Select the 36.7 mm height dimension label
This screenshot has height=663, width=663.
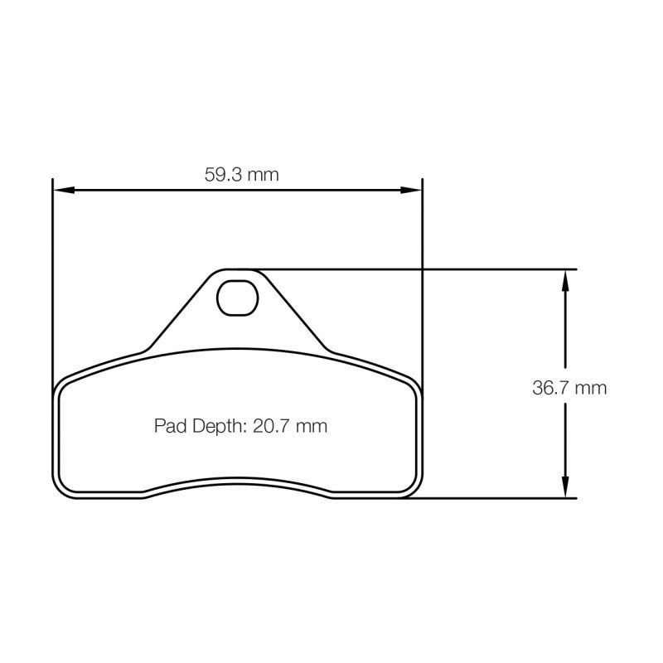coord(569,387)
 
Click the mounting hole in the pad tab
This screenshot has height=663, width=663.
coord(235,298)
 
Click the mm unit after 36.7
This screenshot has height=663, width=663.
coord(592,387)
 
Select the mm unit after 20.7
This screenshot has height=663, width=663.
coord(312,427)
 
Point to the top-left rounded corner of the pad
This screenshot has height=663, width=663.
coord(62,385)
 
